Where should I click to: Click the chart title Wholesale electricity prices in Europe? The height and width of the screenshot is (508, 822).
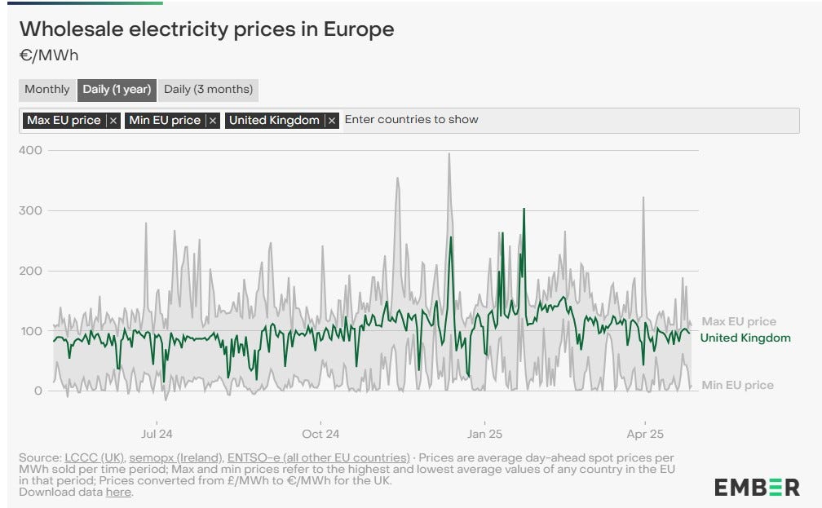[206, 29]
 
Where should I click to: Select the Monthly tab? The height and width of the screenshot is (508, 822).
[46, 90]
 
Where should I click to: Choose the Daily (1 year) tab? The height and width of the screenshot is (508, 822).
[117, 90]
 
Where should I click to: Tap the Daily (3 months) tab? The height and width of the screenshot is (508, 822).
[208, 90]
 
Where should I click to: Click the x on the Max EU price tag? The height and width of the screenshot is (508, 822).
[113, 121]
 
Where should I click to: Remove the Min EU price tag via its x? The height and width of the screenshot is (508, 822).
[213, 121]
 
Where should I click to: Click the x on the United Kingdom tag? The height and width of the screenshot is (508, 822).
[332, 121]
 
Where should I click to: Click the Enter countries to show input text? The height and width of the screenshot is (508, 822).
[411, 120]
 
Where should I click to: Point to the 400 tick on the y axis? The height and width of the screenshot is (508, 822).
[32, 151]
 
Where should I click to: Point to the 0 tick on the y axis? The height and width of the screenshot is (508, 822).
[38, 391]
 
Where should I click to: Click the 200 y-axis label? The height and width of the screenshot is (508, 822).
[32, 271]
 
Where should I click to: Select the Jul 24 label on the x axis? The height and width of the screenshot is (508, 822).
[157, 434]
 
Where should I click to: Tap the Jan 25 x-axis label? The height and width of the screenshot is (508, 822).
[484, 434]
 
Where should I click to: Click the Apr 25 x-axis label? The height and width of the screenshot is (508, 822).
[645, 434]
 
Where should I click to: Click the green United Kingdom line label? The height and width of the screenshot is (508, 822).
[745, 338]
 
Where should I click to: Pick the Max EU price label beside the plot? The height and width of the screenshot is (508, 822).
[739, 321]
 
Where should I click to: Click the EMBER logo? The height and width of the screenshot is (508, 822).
[757, 488]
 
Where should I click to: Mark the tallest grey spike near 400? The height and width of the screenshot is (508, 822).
[449, 155]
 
